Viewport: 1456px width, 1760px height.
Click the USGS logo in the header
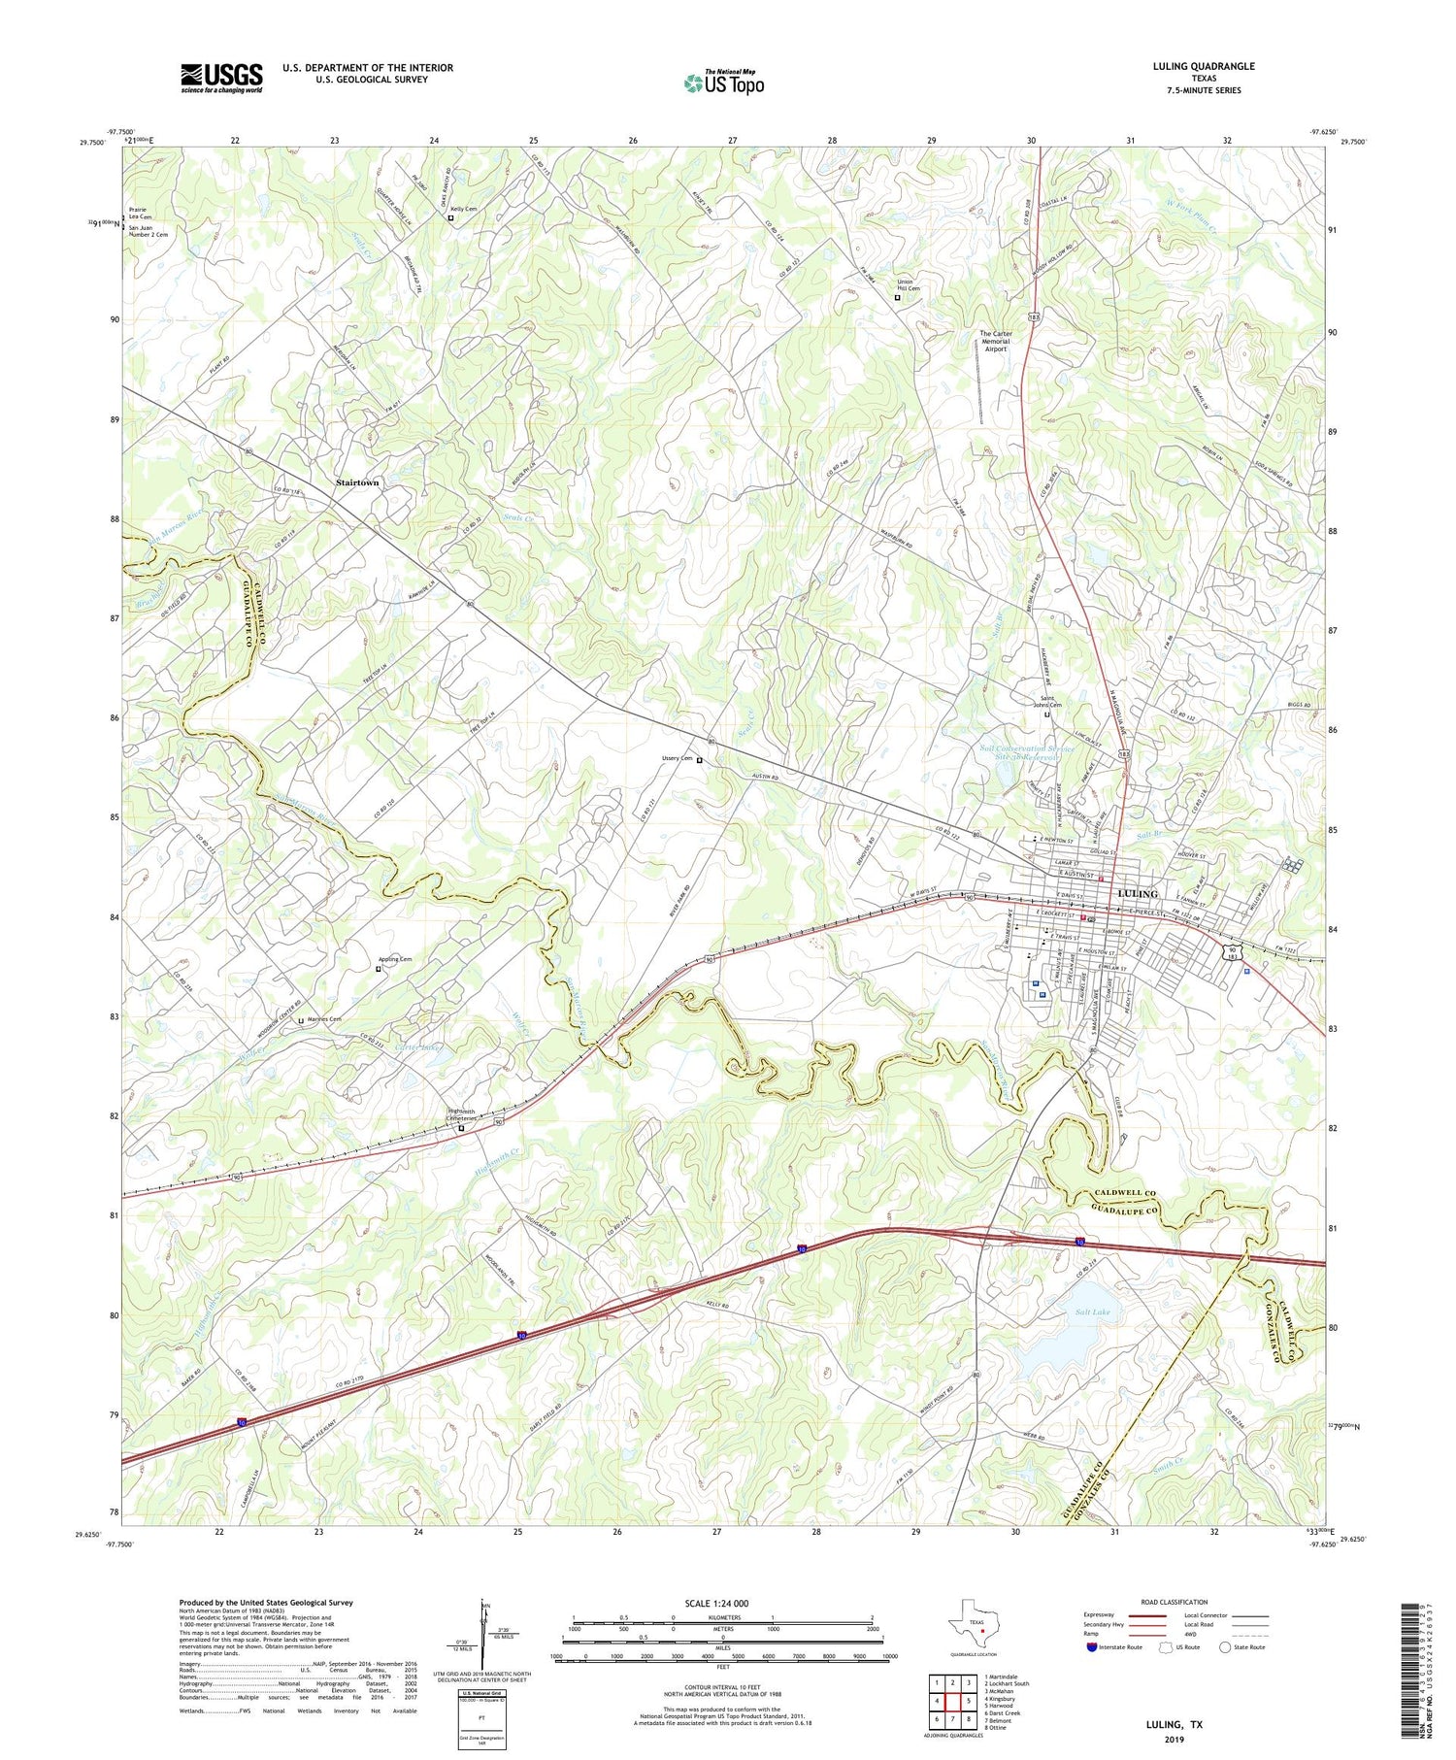click(221, 78)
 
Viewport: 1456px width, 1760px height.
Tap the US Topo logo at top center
click(723, 83)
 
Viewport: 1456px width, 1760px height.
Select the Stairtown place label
click(357, 482)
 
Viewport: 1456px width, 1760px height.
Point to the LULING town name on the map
click(1138, 893)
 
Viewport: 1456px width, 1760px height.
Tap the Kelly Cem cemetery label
click(463, 208)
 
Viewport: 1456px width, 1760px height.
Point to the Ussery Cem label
click(678, 758)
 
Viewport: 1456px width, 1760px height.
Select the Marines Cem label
click(325, 1018)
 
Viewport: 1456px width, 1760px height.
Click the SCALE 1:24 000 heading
click(722, 1603)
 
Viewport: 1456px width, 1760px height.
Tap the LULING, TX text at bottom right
click(1175, 1724)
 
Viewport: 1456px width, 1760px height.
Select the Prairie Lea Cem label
click(140, 213)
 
